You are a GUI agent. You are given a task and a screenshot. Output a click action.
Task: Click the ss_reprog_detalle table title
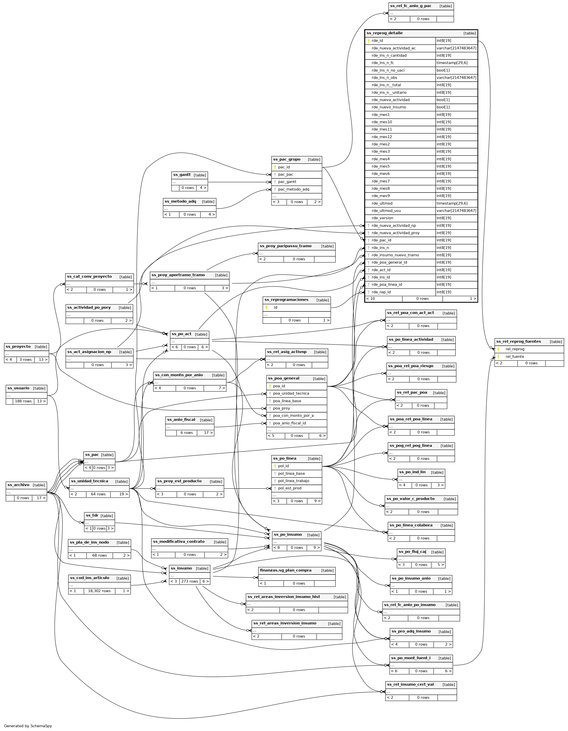(384, 33)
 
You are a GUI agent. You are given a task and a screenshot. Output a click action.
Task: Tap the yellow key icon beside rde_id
(368, 41)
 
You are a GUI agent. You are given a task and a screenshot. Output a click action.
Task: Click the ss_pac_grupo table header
(287, 159)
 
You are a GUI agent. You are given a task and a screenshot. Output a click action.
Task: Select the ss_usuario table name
(18, 388)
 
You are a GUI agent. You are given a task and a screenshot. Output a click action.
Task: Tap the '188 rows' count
(23, 401)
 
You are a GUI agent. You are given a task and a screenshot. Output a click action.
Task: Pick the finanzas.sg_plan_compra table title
(286, 570)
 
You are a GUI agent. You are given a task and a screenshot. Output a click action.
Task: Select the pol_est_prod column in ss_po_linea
(290, 488)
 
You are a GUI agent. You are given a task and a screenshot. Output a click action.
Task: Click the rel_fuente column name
(515, 357)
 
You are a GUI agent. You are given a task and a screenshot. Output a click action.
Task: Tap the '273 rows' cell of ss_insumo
(190, 581)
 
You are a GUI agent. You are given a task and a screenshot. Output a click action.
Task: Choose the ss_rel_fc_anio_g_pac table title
(411, 6)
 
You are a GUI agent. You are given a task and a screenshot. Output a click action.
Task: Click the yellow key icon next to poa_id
(270, 386)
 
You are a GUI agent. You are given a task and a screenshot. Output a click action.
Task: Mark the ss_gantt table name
(182, 175)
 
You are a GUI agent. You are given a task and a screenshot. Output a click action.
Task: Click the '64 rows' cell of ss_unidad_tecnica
(98, 494)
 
